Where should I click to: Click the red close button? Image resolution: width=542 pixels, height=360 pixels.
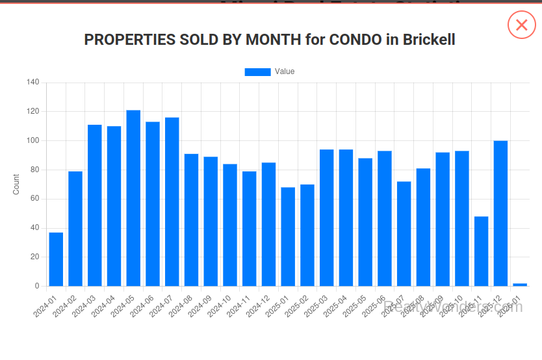(521, 25)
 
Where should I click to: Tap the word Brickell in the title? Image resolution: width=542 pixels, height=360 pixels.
(429, 40)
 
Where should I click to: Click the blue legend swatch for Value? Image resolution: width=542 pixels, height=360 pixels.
(257, 71)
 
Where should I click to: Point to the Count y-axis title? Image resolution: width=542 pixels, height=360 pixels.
(16, 185)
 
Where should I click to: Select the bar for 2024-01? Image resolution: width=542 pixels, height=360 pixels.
(56, 259)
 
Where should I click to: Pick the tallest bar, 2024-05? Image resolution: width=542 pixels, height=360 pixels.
(133, 198)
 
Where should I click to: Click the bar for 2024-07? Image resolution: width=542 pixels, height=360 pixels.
(172, 201)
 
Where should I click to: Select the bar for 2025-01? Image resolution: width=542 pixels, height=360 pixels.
(288, 237)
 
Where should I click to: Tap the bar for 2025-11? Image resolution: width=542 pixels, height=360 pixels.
(481, 251)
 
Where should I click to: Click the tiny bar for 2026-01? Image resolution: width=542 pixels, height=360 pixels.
(520, 285)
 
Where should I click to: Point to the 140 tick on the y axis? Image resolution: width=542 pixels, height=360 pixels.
(33, 83)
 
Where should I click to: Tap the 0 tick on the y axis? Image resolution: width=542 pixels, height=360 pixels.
(37, 286)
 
